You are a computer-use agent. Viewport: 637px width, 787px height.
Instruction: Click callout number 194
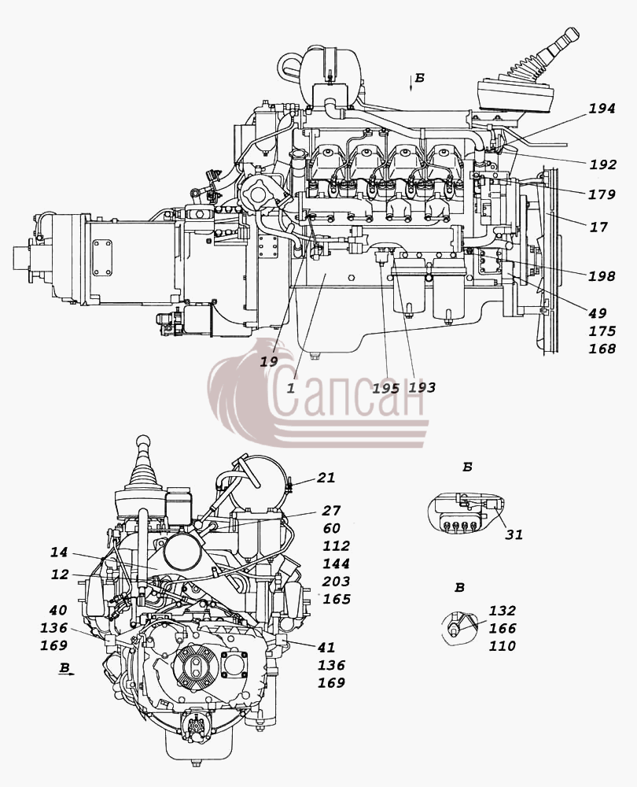(602, 109)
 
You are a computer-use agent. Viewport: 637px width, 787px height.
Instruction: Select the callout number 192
(602, 164)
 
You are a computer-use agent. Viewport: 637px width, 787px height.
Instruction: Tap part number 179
(602, 194)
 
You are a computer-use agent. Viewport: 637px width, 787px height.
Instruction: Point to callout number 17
(598, 227)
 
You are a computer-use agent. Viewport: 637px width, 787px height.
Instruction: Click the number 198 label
(602, 276)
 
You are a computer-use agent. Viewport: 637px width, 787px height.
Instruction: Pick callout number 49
(598, 313)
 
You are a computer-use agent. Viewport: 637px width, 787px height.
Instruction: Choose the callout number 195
(386, 388)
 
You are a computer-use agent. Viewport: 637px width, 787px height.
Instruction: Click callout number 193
(422, 387)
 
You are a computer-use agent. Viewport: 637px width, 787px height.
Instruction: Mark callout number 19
(269, 361)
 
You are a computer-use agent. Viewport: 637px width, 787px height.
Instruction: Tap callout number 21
(326, 478)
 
